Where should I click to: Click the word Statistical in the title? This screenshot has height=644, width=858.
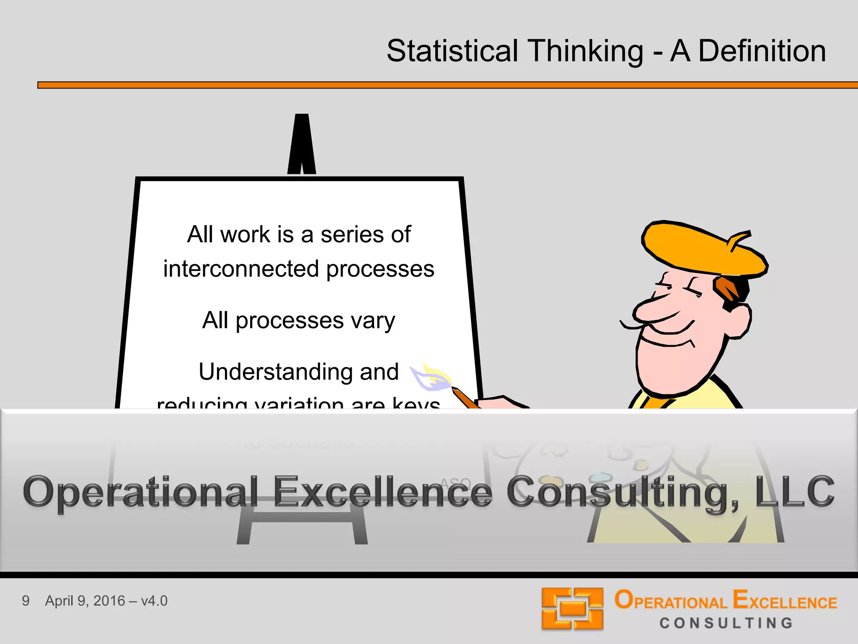[452, 51]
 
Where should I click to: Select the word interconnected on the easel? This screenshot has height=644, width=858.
[240, 269]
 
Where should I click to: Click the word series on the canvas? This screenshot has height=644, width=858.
[352, 235]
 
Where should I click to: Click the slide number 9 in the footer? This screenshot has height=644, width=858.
[26, 601]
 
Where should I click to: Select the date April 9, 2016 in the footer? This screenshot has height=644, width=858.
[85, 601]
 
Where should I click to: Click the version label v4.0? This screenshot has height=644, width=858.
[154, 601]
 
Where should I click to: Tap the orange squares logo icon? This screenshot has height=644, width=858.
[572, 608]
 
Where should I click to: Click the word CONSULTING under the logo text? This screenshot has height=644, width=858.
[726, 623]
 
